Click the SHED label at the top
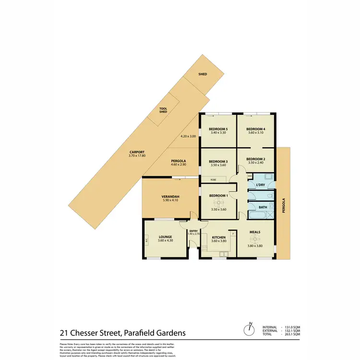[202, 74]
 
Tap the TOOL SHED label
[163, 110]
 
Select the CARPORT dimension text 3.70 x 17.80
[137, 156]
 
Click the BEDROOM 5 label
[218, 129]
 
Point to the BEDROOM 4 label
[256, 129]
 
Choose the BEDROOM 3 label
[218, 161]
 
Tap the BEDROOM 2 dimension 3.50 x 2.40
[256, 163]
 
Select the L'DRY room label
[261, 184]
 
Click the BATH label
[263, 207]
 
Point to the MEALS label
[255, 232]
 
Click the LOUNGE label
[165, 237]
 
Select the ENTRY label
[193, 231]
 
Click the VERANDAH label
[170, 197]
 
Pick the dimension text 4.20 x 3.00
[189, 136]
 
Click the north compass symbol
[249, 330]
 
